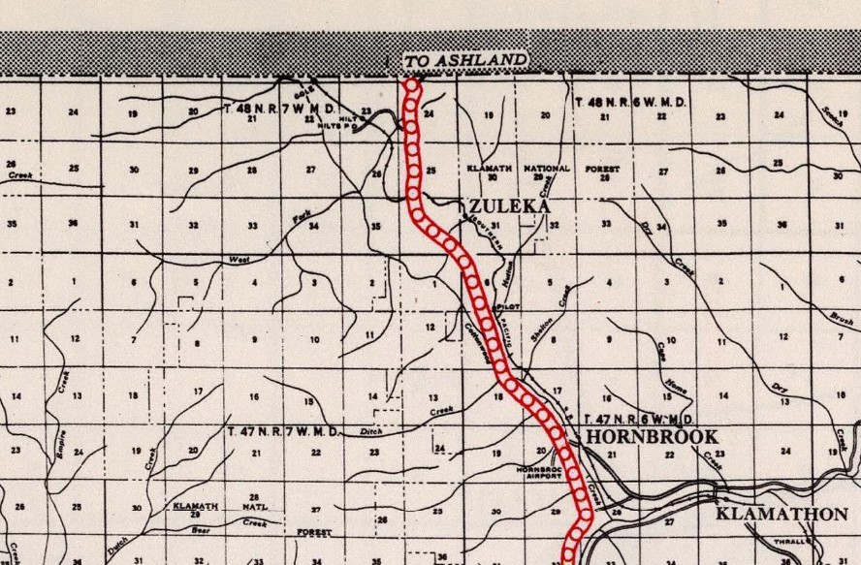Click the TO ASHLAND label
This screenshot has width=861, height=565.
[465, 61]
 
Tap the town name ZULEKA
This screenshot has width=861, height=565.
[509, 206]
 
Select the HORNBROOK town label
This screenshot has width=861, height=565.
[651, 437]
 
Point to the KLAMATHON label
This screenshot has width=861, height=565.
[781, 514]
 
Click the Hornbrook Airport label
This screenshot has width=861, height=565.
[541, 472]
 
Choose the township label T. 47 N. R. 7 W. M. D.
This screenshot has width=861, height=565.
[283, 428]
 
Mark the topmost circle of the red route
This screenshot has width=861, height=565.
[412, 86]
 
